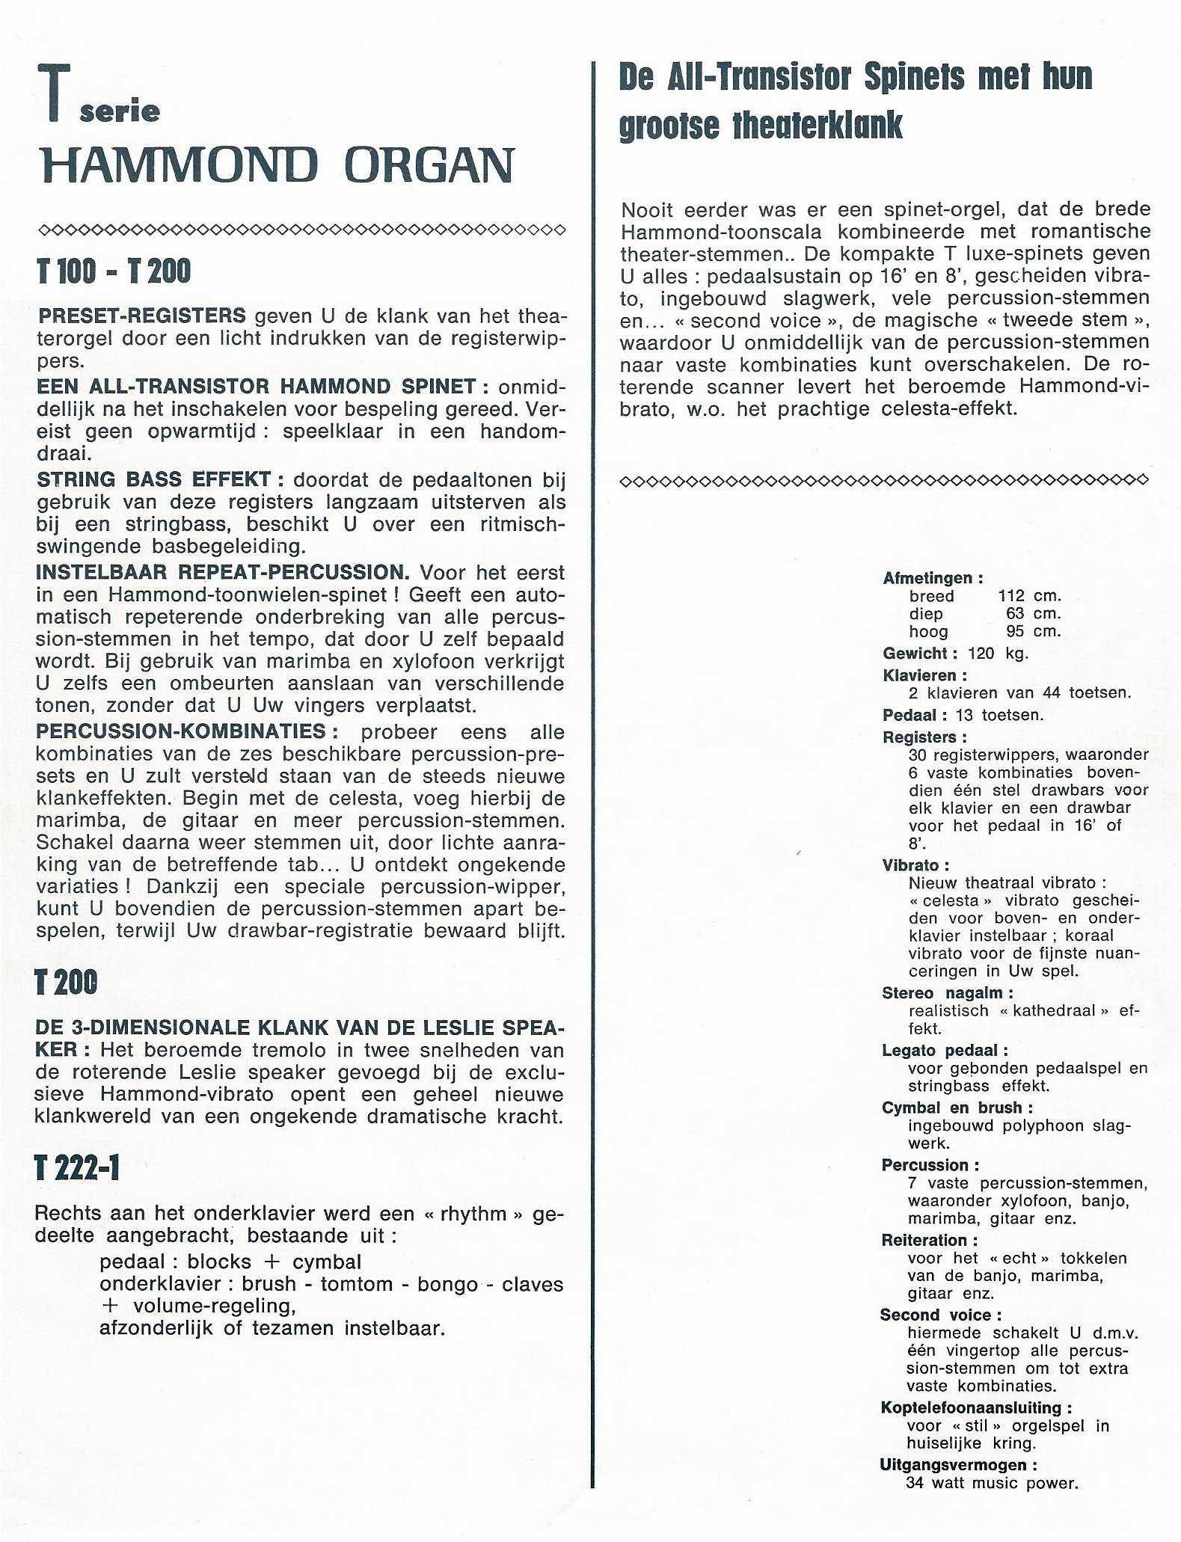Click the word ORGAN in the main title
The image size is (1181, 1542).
429,165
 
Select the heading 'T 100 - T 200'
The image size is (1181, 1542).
113,271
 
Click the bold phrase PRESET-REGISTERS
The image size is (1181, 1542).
141,314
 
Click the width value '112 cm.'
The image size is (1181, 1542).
1029,596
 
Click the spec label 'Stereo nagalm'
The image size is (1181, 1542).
946,993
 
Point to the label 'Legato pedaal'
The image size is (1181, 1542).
944,1051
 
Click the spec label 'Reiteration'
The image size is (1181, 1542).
924,1240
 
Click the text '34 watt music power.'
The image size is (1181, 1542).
991,1484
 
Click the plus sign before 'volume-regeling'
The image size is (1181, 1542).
110,1306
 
